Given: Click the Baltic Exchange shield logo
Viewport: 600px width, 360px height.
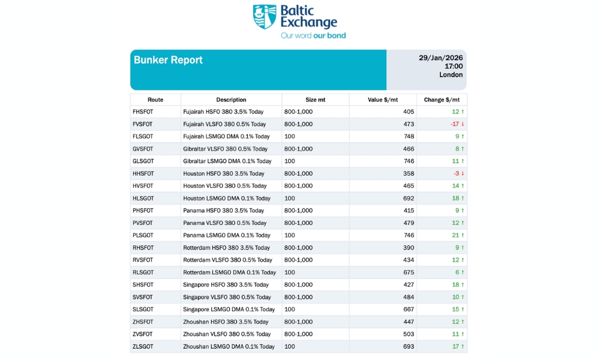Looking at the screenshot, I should click(x=265, y=17).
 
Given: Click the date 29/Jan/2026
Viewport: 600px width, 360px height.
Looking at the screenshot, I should click(x=440, y=58).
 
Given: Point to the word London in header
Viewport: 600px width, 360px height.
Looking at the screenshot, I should click(x=451, y=75).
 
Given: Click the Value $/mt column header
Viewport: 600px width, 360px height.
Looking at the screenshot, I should click(x=383, y=100).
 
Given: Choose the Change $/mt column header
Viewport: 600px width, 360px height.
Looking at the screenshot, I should click(x=442, y=100).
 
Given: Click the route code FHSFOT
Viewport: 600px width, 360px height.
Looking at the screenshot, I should click(x=143, y=112).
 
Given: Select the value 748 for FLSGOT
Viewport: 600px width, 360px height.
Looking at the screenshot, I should click(x=408, y=136).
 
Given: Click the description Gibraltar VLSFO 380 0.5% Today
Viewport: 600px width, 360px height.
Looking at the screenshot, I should click(x=225, y=149).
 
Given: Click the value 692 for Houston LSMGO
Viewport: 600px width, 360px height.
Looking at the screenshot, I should click(x=408, y=198).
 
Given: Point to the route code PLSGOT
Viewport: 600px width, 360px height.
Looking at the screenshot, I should click(x=143, y=235).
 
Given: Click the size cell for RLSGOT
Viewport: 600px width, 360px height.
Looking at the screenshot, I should click(x=290, y=272).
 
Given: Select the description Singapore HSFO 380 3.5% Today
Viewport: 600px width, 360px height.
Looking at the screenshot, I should click(x=226, y=284).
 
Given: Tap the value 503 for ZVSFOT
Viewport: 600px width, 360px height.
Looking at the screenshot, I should click(x=408, y=334).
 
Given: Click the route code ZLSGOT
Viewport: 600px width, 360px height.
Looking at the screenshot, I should click(x=143, y=346).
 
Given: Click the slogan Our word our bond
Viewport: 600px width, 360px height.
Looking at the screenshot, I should click(x=313, y=35).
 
